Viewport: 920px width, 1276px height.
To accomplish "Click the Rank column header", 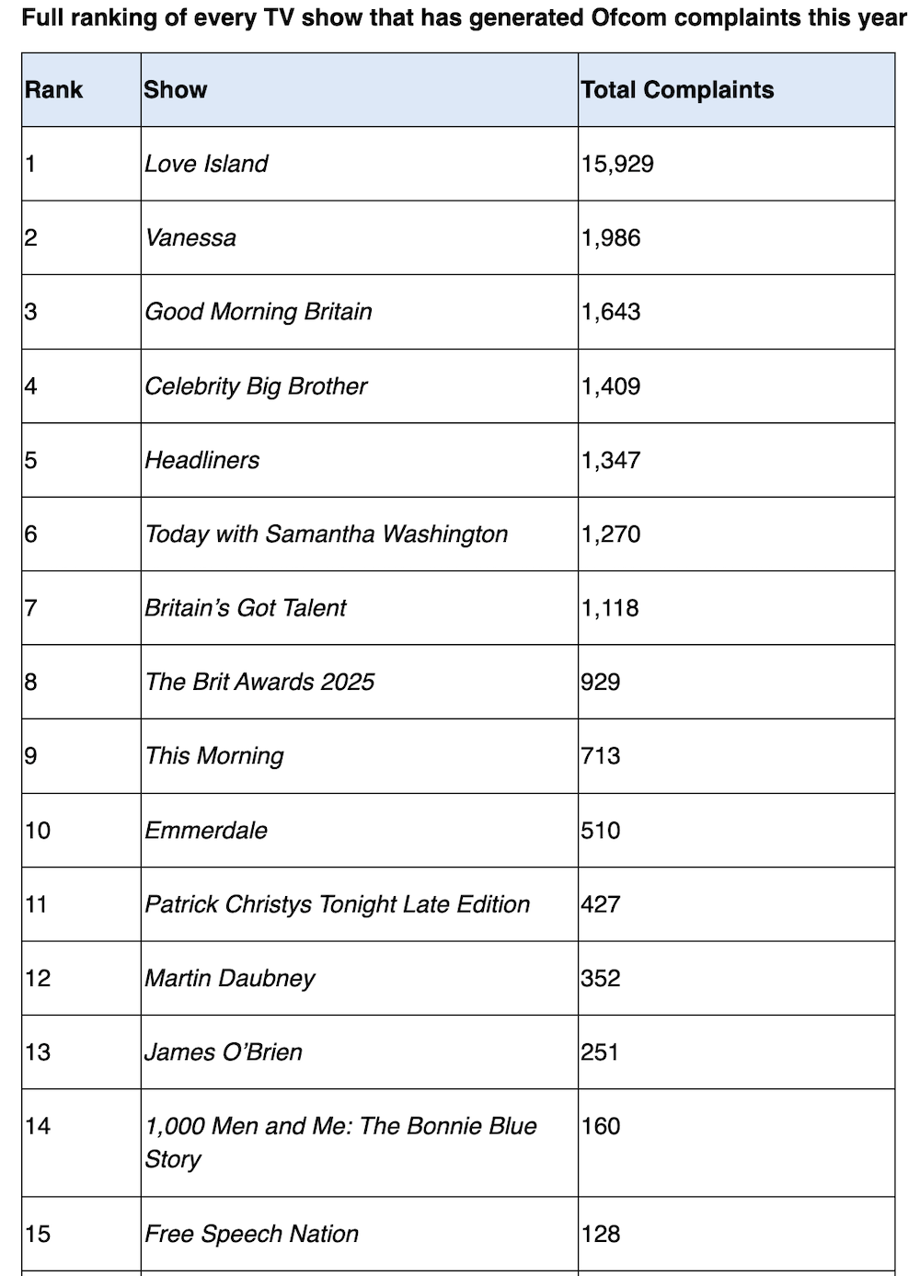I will point(54,90).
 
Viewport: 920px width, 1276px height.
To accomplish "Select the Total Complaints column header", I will point(677,90).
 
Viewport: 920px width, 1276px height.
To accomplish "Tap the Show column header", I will point(176,90).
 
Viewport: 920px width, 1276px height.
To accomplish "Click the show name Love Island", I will point(206,164).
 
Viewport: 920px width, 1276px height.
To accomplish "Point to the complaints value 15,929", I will point(617,164).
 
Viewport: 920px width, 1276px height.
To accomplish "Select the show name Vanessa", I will point(190,238).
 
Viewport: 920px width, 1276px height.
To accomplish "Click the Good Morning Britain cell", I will point(259,312).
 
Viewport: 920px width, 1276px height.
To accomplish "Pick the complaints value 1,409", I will point(611,386).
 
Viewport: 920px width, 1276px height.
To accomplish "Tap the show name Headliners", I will point(202,460).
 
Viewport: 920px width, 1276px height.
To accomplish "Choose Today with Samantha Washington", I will point(327,535).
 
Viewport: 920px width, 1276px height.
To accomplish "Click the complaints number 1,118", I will point(610,608).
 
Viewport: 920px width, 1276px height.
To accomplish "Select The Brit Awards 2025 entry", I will point(260,682).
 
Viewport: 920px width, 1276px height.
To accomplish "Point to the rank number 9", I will point(30,756).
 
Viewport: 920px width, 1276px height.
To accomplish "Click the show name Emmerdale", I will point(206,830).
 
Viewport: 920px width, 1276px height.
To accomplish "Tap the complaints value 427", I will point(601,904).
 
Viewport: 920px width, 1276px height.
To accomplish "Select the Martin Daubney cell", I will point(230,978).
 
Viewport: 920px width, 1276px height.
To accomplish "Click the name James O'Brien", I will point(224,1052).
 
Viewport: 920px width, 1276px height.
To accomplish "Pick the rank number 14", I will point(38,1126).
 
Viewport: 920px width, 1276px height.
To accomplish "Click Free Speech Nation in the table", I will point(252,1234).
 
